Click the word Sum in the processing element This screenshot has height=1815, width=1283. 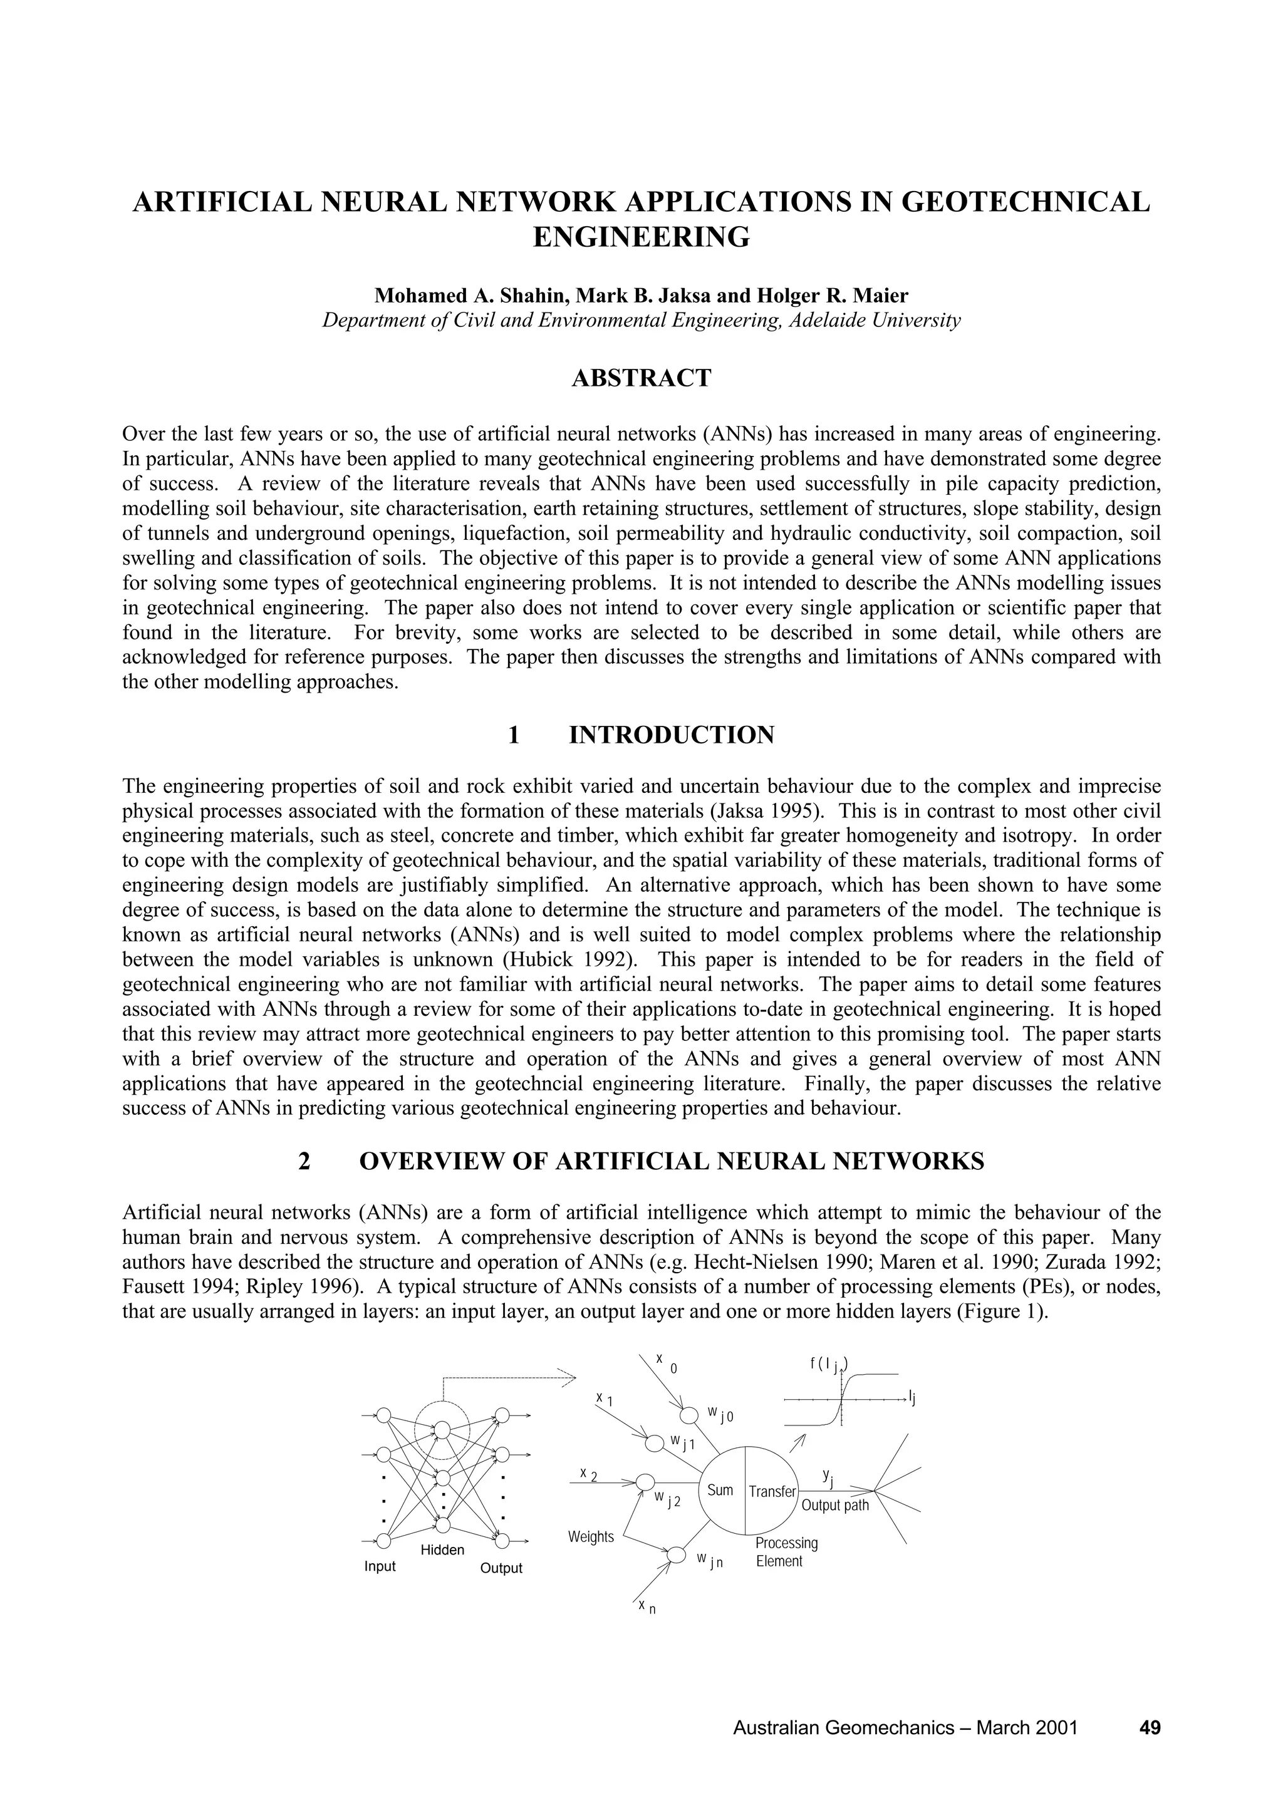[x=720, y=1490]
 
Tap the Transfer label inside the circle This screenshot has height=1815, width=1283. [x=772, y=1491]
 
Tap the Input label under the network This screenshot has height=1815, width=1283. [x=380, y=1567]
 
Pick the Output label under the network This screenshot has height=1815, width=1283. [x=501, y=1568]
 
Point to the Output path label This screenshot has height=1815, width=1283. [x=835, y=1505]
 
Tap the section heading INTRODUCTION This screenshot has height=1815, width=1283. [x=671, y=735]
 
